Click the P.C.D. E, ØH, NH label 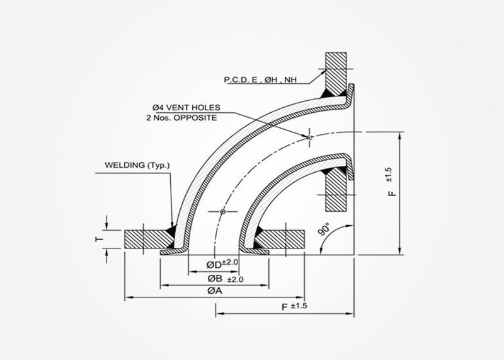pyautogui.click(x=258, y=80)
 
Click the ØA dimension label pyautogui.click(x=215, y=291)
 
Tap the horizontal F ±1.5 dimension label pyautogui.click(x=295, y=306)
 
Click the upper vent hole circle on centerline pyautogui.click(x=309, y=137)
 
